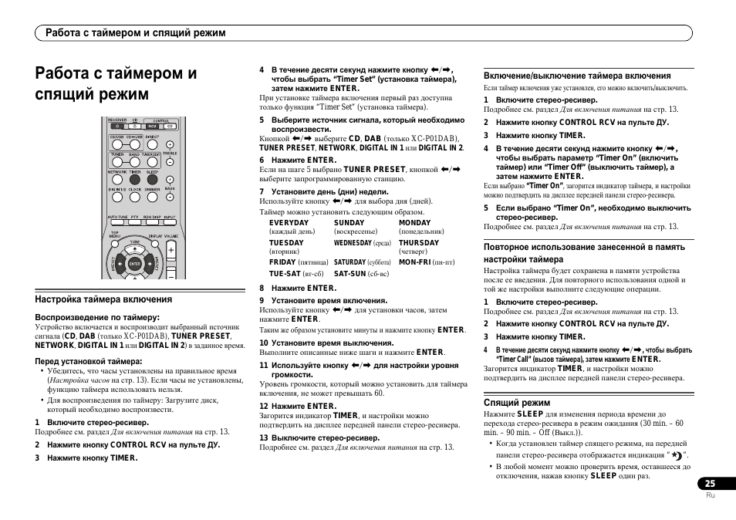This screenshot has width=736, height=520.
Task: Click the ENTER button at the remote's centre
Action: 134,264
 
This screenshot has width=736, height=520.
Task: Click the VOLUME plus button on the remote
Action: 170,250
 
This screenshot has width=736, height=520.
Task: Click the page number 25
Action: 710,484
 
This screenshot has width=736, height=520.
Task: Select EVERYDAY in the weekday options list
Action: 289,223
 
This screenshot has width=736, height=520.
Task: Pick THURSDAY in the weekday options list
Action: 418,243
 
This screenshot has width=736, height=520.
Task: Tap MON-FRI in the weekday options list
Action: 415,262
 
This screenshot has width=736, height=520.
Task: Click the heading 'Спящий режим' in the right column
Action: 516,403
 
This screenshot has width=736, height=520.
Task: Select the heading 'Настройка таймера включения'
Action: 103,299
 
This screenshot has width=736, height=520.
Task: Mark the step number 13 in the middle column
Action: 263,438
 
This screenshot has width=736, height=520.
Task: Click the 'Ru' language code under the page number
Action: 711,496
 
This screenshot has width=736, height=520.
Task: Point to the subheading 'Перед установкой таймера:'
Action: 89,361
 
